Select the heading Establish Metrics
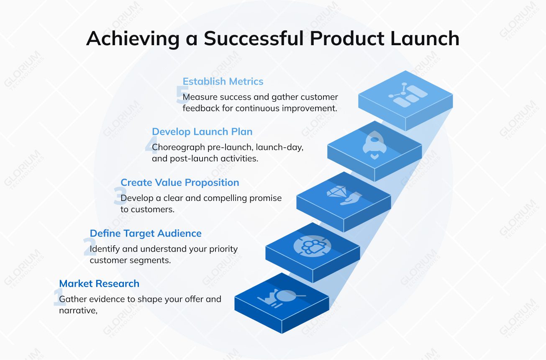223,81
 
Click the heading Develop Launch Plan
202,131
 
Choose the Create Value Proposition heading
180,183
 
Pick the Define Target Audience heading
146,233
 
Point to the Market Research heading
99,283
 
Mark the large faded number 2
89,247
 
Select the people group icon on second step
312,245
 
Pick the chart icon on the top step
405,95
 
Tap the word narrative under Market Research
78,310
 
